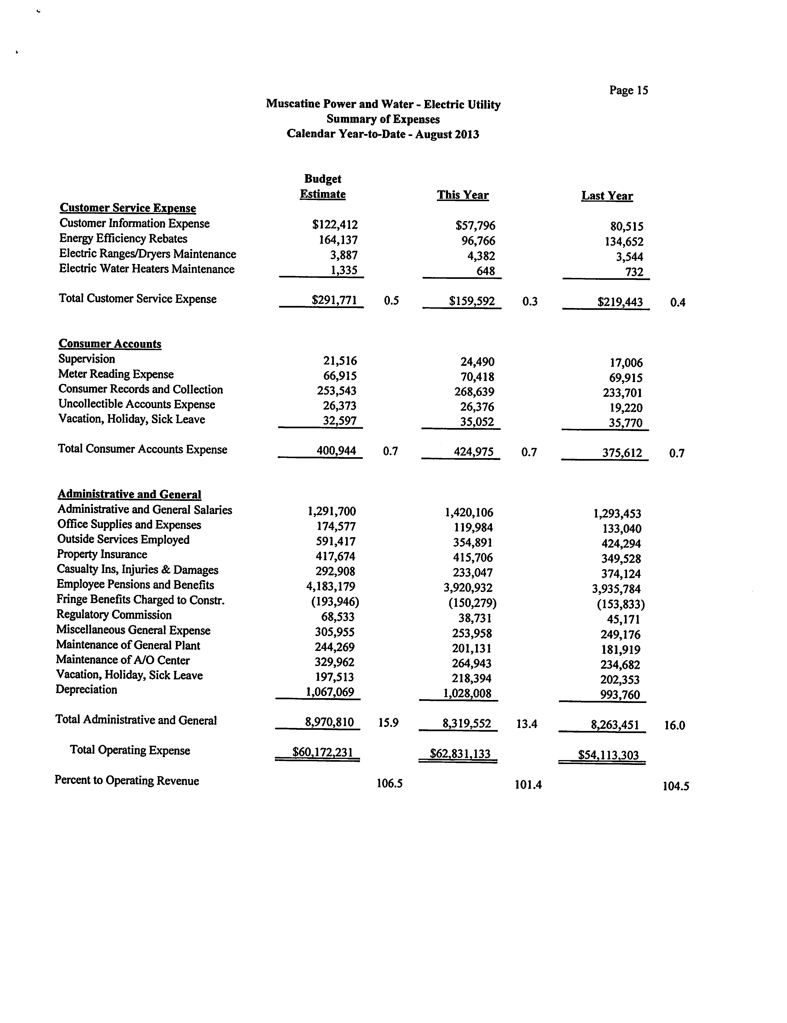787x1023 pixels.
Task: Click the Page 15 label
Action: (x=628, y=90)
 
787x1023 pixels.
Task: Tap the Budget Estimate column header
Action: (x=323, y=186)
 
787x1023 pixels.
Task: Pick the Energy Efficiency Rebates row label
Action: (x=123, y=239)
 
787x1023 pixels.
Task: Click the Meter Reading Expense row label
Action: (x=116, y=374)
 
